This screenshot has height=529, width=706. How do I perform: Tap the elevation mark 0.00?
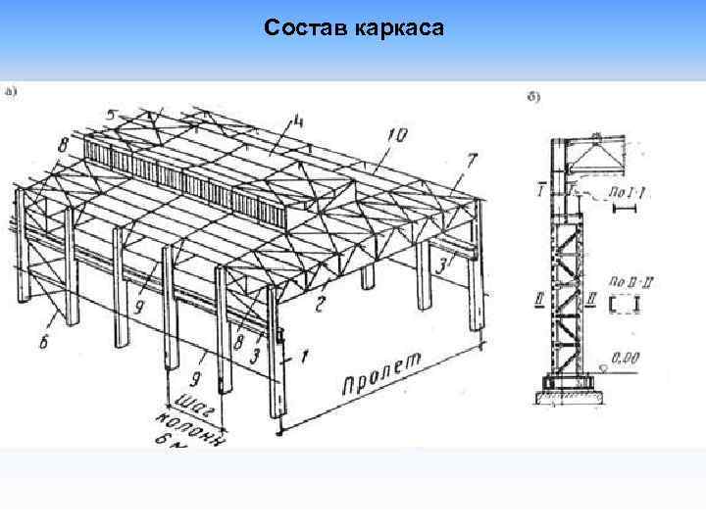coord(622,360)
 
